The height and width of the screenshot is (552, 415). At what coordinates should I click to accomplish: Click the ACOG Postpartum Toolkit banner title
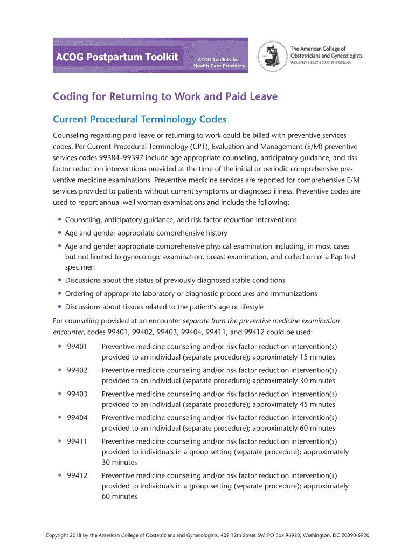tap(117, 57)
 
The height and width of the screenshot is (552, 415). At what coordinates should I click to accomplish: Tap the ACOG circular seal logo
tap(273, 55)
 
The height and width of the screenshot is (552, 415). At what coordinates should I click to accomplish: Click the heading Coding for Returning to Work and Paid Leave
tap(165, 97)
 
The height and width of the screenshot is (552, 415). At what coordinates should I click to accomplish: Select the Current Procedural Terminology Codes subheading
tap(140, 119)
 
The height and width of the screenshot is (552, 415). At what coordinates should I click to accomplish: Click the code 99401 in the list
tap(77, 346)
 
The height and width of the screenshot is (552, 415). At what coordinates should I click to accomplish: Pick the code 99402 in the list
tap(77, 370)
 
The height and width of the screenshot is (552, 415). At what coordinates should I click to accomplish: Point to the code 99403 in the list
tap(77, 394)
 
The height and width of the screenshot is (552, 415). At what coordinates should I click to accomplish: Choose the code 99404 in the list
tap(77, 417)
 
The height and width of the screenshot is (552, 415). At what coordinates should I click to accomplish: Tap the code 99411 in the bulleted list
tap(77, 441)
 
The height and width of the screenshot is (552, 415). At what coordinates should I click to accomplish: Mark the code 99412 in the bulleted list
tap(77, 475)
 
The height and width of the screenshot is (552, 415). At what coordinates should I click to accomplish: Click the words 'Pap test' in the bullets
tap(341, 257)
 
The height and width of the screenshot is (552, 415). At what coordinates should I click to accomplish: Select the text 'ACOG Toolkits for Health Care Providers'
tap(219, 63)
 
